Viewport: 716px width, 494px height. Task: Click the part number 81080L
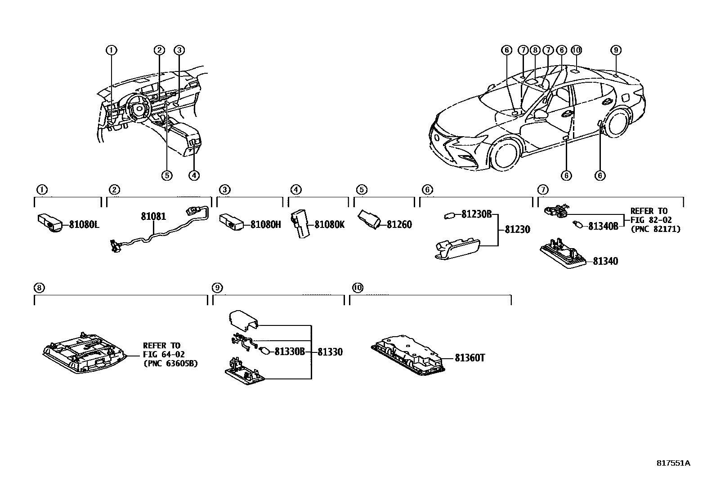coord(84,224)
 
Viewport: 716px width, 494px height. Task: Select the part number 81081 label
coord(153,217)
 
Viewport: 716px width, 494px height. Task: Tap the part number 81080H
coord(265,224)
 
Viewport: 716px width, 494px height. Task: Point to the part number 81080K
coord(329,224)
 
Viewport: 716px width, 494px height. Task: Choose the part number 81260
coord(399,224)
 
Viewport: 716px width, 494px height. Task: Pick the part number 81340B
coord(603,226)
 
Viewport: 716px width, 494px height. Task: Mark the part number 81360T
coord(470,358)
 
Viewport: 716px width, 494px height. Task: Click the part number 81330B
coord(290,352)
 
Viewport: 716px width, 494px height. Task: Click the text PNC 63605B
coord(170,363)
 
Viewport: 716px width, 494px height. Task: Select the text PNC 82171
coord(655,229)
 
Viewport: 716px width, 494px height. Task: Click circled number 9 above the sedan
coord(616,50)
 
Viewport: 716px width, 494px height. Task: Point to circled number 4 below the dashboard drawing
coord(193,175)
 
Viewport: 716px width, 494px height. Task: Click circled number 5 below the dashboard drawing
coord(166,175)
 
